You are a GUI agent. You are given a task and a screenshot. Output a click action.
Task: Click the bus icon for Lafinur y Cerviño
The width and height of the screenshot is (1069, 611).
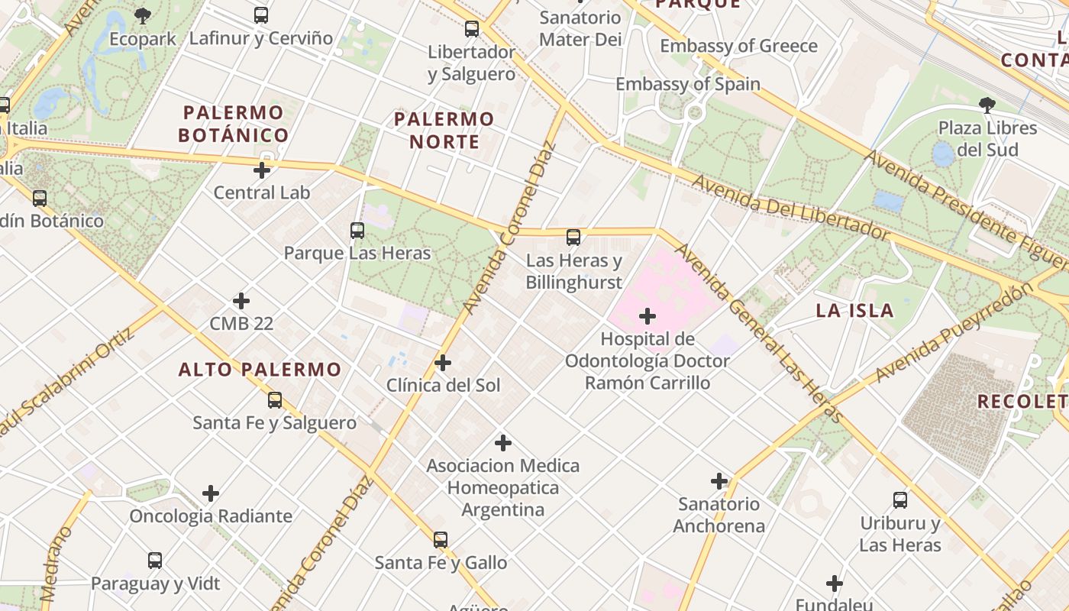pos(261,15)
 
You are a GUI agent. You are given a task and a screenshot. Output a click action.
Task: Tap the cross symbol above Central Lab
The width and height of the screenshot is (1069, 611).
pos(262,170)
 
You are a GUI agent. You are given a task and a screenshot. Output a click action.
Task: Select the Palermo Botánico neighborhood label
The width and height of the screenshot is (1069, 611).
pos(234,124)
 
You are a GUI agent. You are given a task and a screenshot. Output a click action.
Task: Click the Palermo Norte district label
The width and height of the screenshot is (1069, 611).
pos(444,130)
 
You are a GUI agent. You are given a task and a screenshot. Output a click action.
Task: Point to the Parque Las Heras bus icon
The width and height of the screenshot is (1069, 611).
pos(357,230)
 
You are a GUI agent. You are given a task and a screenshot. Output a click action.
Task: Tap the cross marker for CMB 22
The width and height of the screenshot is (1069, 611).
pos(241,301)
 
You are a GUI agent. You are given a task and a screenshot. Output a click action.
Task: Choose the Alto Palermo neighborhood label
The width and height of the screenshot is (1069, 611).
pos(260,370)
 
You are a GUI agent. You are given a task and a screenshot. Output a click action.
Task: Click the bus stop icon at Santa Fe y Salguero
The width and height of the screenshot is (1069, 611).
pos(275,399)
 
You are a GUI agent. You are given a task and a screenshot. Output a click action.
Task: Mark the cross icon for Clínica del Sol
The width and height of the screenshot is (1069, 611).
pos(443,362)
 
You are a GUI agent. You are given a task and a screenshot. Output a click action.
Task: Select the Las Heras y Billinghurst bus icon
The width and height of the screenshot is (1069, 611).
pos(573,238)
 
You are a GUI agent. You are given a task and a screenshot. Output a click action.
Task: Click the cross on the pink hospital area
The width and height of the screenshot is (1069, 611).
pos(648,315)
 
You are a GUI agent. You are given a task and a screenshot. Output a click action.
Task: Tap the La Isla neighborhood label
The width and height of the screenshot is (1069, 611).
pos(854,310)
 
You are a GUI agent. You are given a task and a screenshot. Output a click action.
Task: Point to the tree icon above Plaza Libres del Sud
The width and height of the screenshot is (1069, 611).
pos(987,105)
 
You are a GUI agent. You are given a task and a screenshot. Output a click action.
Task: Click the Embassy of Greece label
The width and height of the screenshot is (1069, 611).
pos(738,46)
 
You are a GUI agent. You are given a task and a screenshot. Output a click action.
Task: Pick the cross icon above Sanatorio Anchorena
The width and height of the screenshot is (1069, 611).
pos(719,481)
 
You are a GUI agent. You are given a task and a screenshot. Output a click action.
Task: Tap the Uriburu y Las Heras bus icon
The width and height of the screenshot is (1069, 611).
pos(900,500)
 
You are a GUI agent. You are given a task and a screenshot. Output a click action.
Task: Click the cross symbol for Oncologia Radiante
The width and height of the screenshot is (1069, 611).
pos(211,493)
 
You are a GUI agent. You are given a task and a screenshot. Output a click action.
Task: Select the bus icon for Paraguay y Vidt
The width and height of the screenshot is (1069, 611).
pos(155,561)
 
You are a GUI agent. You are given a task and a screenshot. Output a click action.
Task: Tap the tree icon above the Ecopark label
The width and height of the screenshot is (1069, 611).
pos(143,15)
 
